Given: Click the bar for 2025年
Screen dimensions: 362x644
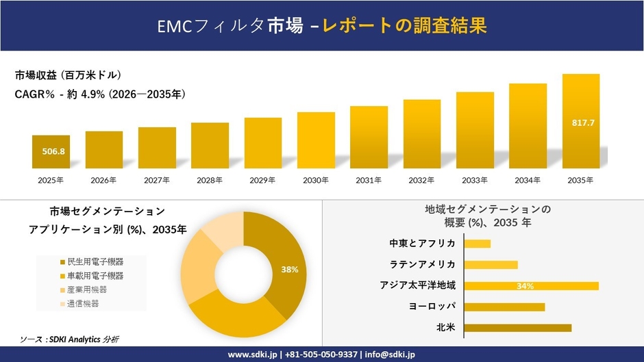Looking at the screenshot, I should pos(51,152).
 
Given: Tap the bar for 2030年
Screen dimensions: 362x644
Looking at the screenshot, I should pos(316,140).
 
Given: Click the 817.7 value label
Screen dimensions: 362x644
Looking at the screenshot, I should pos(583,122).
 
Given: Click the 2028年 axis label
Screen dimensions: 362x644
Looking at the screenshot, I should pos(210,180).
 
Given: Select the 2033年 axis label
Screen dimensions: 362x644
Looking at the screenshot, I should pos(475,180).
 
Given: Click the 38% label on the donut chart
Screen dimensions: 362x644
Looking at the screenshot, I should pos(289,270).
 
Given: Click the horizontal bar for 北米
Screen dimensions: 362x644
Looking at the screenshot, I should pos(518,328).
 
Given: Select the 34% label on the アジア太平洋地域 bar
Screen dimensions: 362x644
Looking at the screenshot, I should pos(525,286).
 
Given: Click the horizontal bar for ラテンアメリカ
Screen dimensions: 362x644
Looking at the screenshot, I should pos(491,265).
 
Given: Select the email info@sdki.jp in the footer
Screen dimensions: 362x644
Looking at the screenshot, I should pos(388,354).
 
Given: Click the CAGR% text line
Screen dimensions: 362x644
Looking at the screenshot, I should pos(100,94).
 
